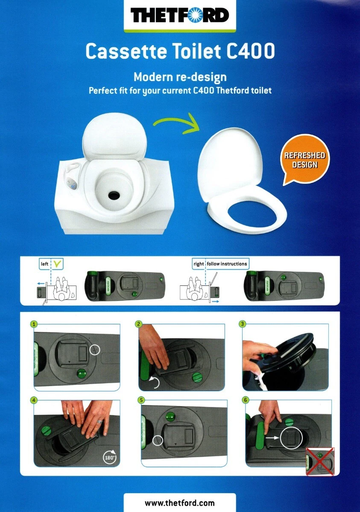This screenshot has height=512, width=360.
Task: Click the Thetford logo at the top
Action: pyautogui.click(x=180, y=16)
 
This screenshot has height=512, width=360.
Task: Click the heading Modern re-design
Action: pyautogui.click(x=180, y=77)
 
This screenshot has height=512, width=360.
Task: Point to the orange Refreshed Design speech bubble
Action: pyautogui.click(x=305, y=160)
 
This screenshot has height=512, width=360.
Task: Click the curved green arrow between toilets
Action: pyautogui.click(x=176, y=123)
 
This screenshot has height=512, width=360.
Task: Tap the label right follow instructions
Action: pyautogui.click(x=220, y=264)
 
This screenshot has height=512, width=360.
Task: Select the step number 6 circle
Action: pyautogui.click(x=245, y=400)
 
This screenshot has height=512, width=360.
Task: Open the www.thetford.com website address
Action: pyautogui.click(x=180, y=503)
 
